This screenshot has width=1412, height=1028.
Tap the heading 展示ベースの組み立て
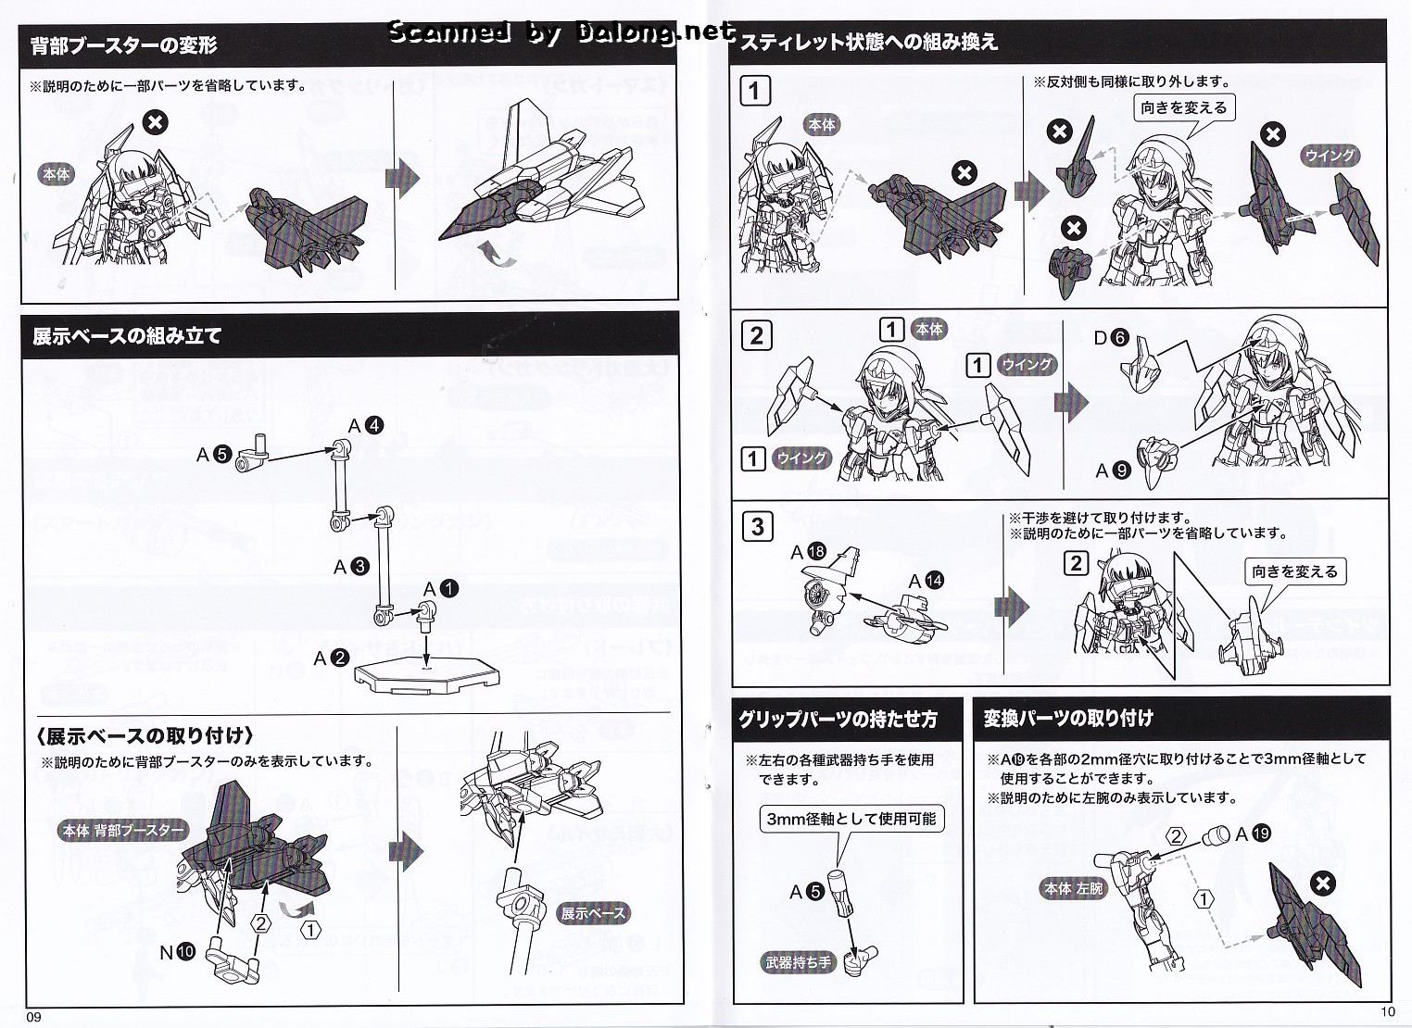point(127,335)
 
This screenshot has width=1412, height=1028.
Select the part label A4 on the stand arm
point(365,426)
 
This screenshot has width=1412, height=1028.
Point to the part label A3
point(351,567)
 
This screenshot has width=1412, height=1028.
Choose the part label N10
point(177,951)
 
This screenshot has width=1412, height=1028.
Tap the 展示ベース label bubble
point(593,913)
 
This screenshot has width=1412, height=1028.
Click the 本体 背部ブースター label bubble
point(123,831)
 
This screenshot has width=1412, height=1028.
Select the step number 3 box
point(757,527)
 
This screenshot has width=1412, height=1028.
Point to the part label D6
point(1111,338)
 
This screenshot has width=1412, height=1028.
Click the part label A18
point(808,553)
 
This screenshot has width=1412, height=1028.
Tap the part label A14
point(926,581)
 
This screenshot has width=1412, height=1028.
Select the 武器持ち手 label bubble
point(798,962)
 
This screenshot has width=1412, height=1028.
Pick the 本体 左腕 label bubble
point(1074,888)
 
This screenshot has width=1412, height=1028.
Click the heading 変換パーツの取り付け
point(1068,718)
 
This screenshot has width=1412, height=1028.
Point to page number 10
point(1386,1011)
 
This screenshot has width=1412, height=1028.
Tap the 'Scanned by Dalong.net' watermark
point(561,33)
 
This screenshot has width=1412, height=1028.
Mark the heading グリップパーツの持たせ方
point(838,719)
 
